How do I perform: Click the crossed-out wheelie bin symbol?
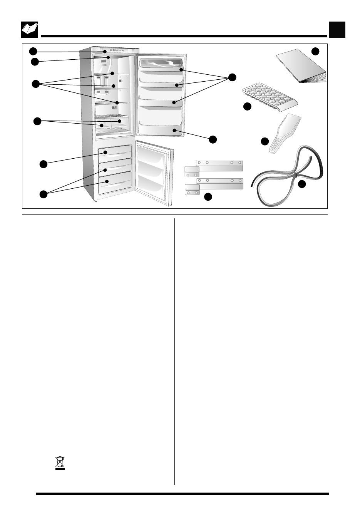pos(60,463)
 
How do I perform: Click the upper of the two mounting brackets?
pos(214,166)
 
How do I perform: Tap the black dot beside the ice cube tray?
pos(247,107)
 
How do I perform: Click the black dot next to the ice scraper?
pos(265,141)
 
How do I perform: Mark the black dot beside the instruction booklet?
pos(315,51)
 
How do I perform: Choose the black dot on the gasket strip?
pos(302,184)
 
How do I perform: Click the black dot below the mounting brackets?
pos(208,197)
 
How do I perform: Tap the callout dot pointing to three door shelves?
pos(231,77)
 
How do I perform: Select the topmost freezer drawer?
pos(115,153)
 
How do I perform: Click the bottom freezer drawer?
pos(115,185)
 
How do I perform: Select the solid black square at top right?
pos(337,30)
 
